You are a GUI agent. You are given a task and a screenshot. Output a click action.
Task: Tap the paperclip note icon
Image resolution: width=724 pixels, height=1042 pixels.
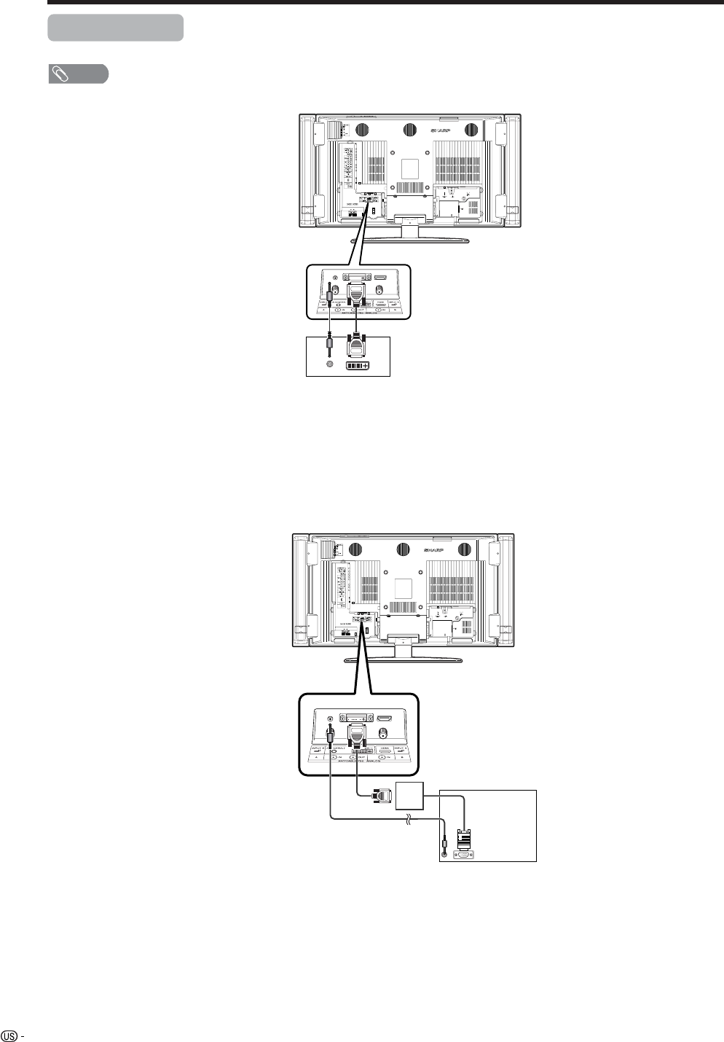coord(59,74)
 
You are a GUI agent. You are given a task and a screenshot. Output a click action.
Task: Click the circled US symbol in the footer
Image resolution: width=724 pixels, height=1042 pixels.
coord(9,1034)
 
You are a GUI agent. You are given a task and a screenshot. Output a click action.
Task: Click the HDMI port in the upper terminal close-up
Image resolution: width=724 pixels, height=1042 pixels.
coord(382,278)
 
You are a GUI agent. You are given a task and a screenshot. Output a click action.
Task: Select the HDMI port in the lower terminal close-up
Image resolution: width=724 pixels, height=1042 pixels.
coord(385,718)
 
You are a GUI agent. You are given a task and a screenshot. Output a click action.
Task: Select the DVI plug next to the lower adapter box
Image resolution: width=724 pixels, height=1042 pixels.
coord(379,796)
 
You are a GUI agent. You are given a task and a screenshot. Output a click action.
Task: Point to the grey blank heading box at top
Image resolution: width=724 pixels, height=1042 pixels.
coord(115,28)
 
